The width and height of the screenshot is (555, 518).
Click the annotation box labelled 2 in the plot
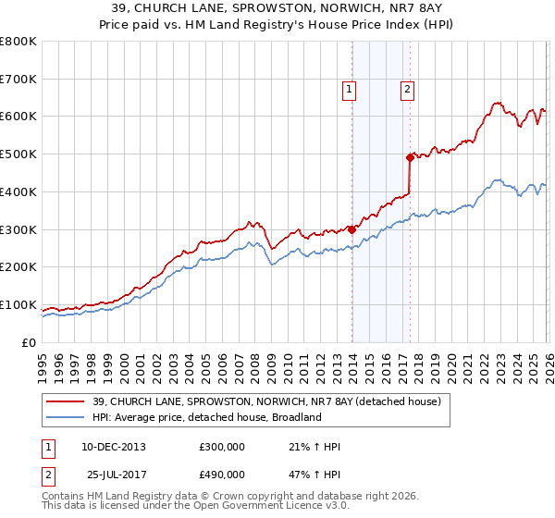tap(407, 90)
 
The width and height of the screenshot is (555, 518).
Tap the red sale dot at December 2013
tap(351, 228)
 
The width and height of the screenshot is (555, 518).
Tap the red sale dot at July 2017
tap(410, 157)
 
